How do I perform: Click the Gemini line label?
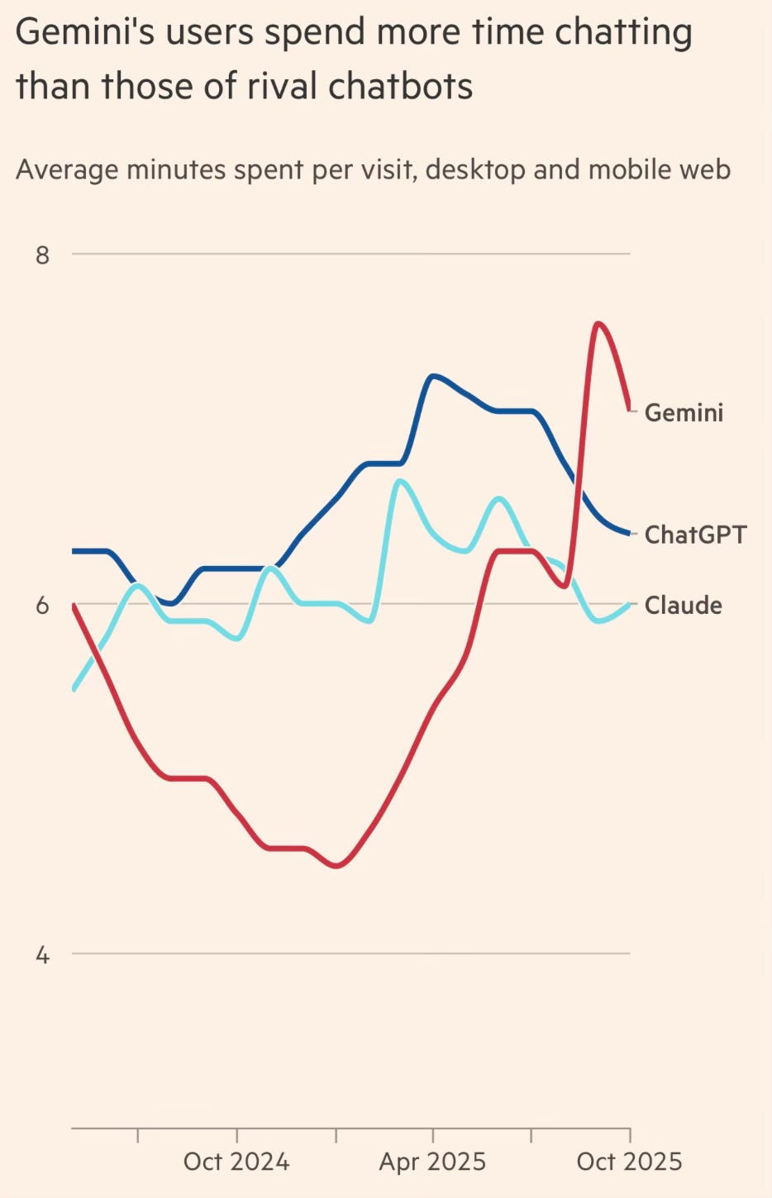pos(684,412)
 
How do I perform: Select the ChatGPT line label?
pos(695,535)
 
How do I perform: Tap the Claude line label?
pos(683,606)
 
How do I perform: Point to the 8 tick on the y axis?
pos(42,254)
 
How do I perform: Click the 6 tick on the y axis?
pos(42,606)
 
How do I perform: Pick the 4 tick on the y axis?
pos(42,955)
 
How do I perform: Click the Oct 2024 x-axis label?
pos(236,1162)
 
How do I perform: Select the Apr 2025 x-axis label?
pos(432,1162)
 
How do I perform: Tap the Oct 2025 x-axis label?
pos(629,1162)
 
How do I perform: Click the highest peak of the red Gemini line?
pos(598,323)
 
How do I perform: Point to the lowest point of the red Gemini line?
pos(336,866)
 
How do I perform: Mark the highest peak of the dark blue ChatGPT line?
pos(433,376)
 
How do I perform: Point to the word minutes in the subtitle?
pos(176,169)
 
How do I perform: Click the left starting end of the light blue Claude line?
pos(74,688)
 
